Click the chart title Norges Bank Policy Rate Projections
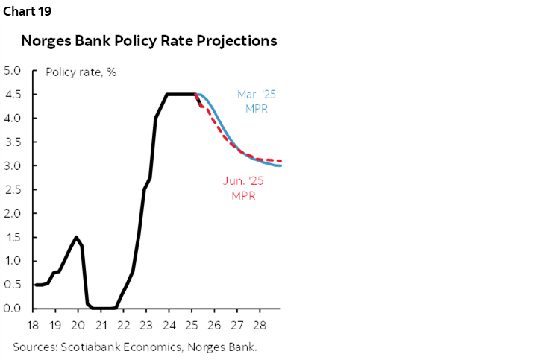[x=149, y=41]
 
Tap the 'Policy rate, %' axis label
[x=81, y=72]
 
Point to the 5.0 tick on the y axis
[x=13, y=71]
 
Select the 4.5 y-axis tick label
[x=13, y=95]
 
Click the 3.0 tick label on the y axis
[x=13, y=165]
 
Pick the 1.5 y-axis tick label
[x=13, y=237]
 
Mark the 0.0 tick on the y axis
[x=13, y=308]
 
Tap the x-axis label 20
[x=78, y=325]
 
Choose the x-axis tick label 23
[x=146, y=325]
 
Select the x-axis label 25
[x=192, y=325]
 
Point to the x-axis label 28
[x=260, y=325]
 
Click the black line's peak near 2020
[x=76, y=237]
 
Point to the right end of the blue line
[x=280, y=165]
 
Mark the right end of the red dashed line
[x=280, y=160]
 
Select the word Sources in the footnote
[x=34, y=346]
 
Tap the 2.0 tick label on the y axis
[x=13, y=213]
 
